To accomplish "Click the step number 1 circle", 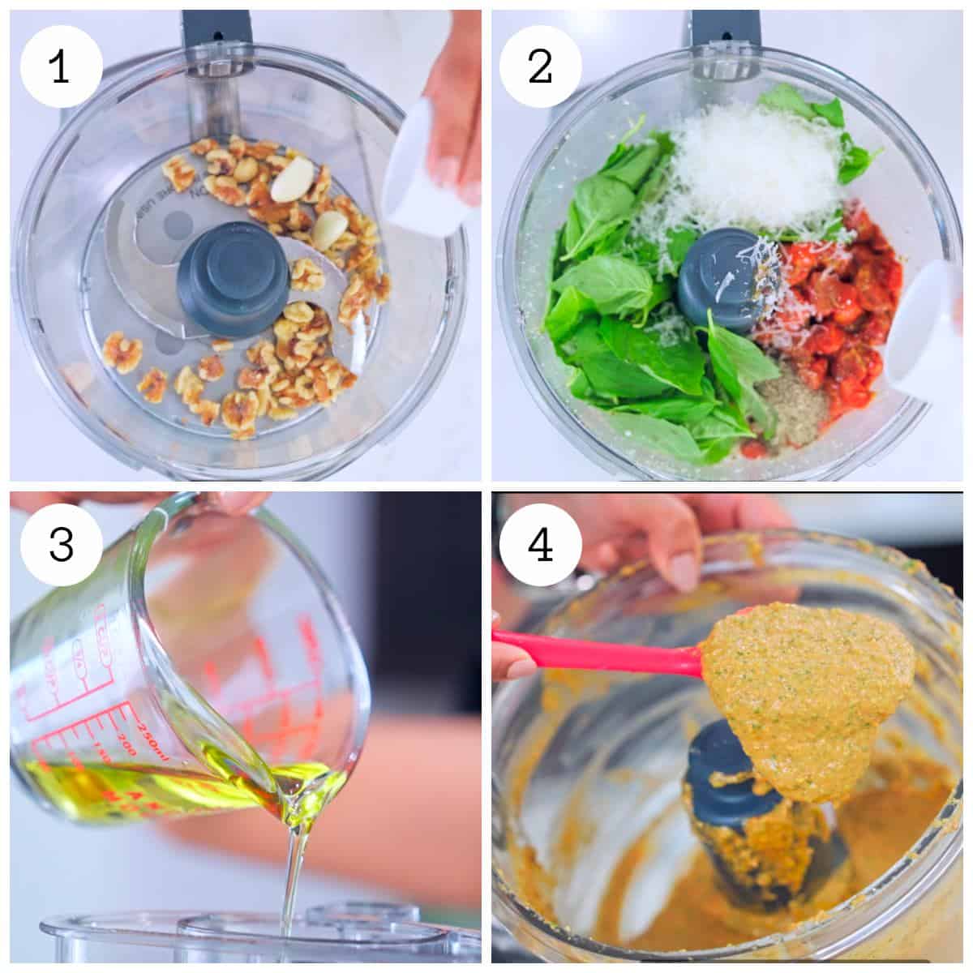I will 62,67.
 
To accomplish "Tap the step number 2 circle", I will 540,67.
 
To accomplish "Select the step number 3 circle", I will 62,545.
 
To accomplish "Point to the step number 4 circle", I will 540,545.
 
